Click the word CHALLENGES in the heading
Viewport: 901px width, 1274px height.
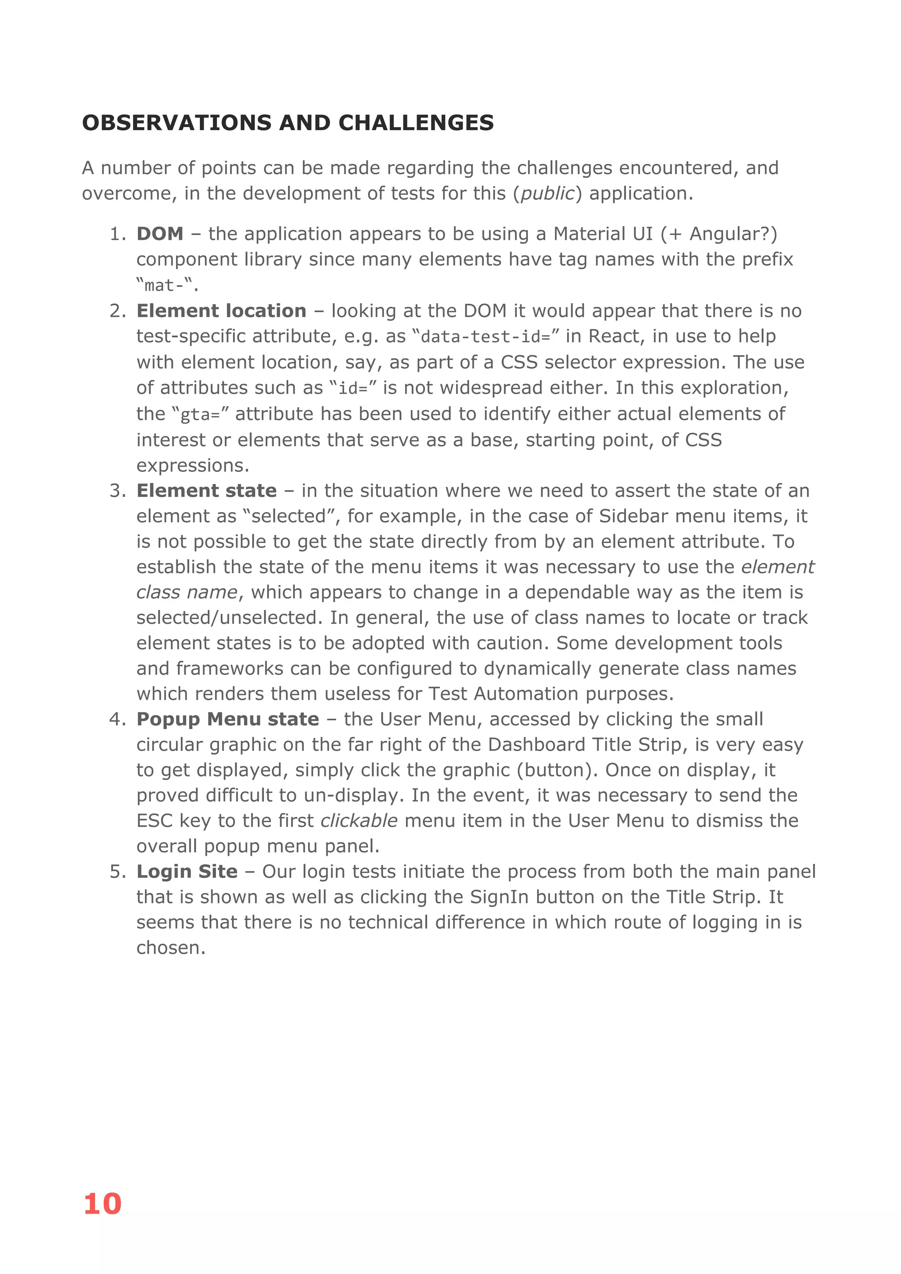[416, 123]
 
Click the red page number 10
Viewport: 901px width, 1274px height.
[102, 1204]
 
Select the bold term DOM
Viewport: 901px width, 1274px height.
[160, 234]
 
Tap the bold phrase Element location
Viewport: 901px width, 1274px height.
[221, 311]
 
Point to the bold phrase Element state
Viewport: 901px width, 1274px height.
[206, 491]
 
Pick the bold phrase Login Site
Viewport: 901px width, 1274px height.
[187, 871]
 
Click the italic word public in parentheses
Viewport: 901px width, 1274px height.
[547, 193]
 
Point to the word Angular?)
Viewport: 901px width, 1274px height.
[733, 234]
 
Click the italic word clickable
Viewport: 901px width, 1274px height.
[359, 820]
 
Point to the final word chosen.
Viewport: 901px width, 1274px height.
[170, 948]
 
